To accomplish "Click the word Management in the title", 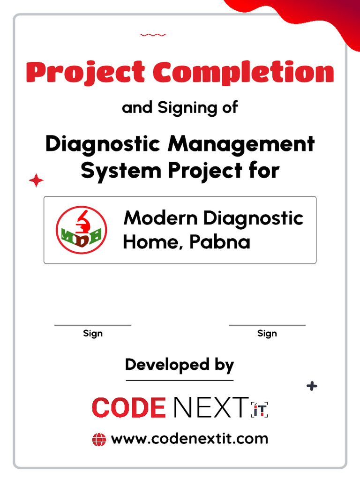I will (x=241, y=144).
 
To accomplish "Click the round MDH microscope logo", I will (x=82, y=230).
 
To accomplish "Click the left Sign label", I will (x=93, y=333).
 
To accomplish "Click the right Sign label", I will (x=267, y=333).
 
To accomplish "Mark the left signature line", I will (x=93, y=324).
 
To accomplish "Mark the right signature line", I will (x=267, y=324).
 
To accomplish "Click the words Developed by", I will (x=180, y=365).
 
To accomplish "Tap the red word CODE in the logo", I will (x=129, y=408).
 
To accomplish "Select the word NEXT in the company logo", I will (x=210, y=408).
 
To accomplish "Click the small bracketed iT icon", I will (x=259, y=409).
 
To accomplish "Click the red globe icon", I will (x=99, y=440).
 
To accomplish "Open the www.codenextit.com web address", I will (x=189, y=439).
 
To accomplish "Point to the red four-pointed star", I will (x=36, y=180).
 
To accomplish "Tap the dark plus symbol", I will (x=312, y=386).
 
